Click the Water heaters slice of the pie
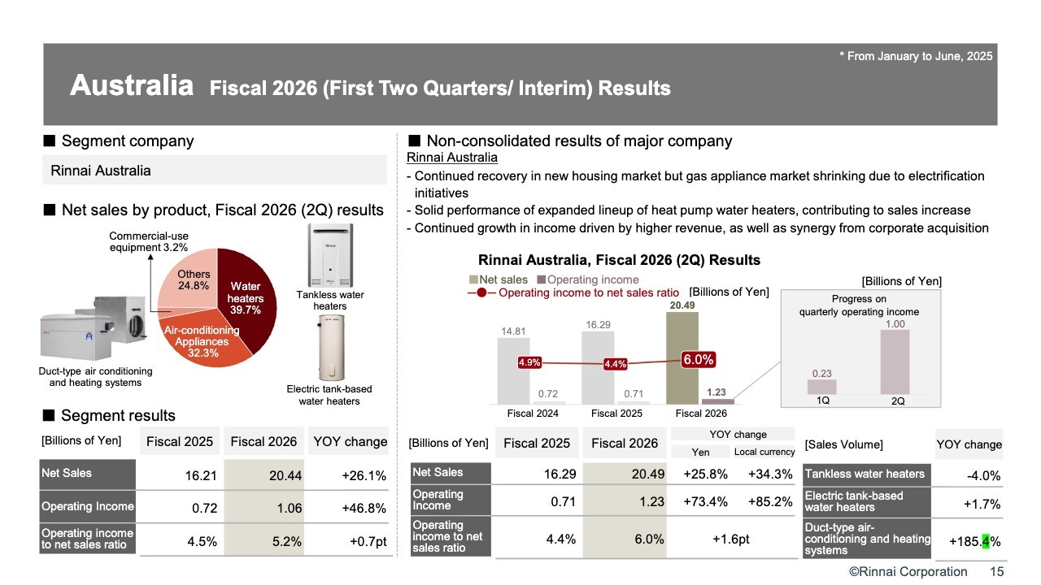tap(248, 301)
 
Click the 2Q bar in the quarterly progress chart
tap(895, 362)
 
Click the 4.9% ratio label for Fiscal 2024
tap(529, 363)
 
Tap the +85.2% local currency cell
tap(764, 502)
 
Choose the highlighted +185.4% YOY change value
tap(975, 540)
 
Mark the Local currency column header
tap(764, 453)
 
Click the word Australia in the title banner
tap(132, 85)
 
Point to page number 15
tap(996, 572)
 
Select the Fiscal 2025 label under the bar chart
tap(616, 414)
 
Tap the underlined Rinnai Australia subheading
tap(451, 158)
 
